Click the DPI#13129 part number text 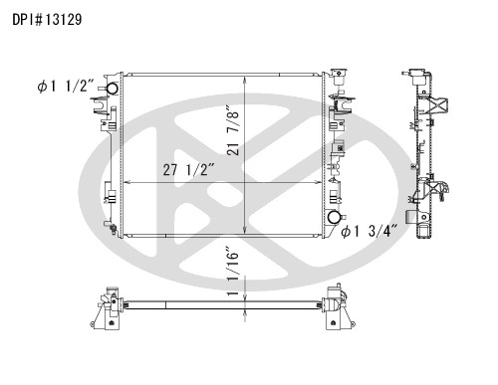tap(47, 20)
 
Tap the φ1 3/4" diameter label tap(370, 231)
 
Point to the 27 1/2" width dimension tap(187, 170)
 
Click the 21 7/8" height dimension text tap(233, 130)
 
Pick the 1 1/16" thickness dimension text tap(233, 271)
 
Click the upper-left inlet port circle tap(112, 89)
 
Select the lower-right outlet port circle tap(334, 217)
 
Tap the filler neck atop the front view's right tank tap(340, 77)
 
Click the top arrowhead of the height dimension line tap(245, 80)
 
